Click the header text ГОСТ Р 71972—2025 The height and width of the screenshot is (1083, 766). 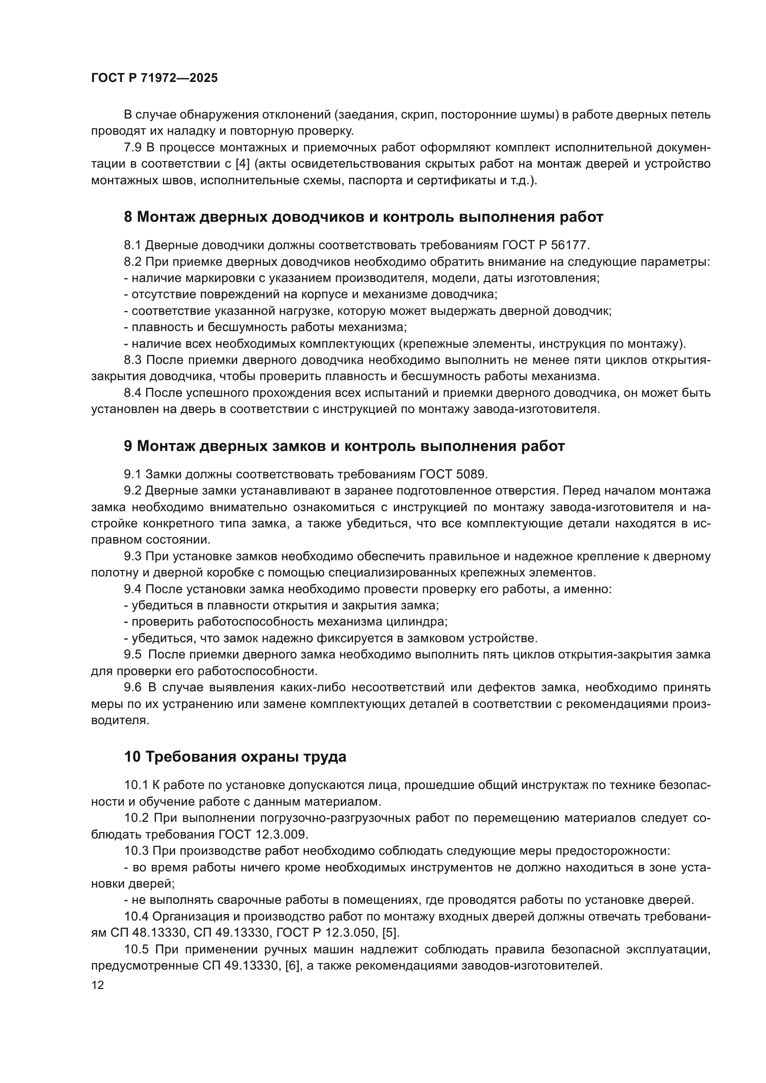click(x=154, y=78)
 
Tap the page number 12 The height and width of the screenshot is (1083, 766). click(x=98, y=985)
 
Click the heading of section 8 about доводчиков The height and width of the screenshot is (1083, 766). click(x=363, y=217)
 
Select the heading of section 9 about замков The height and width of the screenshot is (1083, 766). click(x=344, y=446)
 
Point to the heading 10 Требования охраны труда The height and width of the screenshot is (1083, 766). click(x=235, y=757)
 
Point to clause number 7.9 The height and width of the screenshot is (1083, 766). click(x=132, y=148)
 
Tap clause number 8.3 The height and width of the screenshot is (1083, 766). click(x=132, y=360)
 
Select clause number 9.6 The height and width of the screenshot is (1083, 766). click(x=132, y=687)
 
